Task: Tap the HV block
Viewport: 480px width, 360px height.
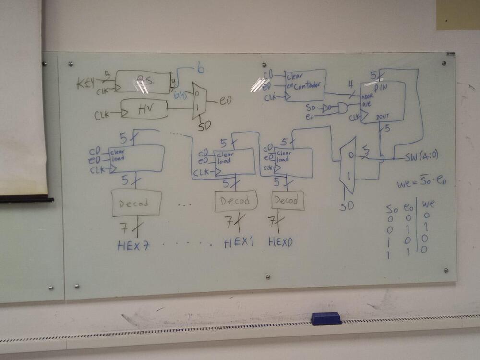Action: (x=144, y=109)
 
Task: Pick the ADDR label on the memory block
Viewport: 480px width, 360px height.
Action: (x=368, y=96)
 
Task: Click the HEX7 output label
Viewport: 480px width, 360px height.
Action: (x=133, y=246)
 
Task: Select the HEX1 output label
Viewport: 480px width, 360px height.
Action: (x=238, y=243)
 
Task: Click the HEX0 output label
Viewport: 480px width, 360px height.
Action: (x=280, y=242)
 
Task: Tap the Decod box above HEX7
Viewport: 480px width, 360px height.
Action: (x=137, y=203)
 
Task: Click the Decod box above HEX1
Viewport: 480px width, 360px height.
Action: (x=235, y=201)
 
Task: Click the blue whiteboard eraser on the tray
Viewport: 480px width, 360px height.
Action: (x=326, y=318)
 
